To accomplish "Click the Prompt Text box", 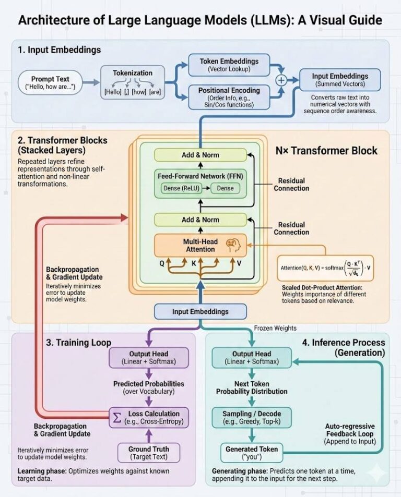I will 50,82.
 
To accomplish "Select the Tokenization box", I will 132,83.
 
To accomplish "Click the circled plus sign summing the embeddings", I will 282,80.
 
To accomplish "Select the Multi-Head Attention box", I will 200,245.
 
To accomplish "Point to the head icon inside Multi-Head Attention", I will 230,245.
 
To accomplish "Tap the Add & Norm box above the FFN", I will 200,155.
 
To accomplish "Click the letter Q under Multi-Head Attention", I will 162,263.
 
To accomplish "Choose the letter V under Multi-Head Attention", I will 239,263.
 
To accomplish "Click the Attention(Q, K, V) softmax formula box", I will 326,268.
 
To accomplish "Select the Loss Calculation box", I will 148,418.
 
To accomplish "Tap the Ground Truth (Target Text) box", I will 149,452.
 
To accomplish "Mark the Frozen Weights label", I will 275,328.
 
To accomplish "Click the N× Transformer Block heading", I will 326,151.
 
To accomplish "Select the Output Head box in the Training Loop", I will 148,357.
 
